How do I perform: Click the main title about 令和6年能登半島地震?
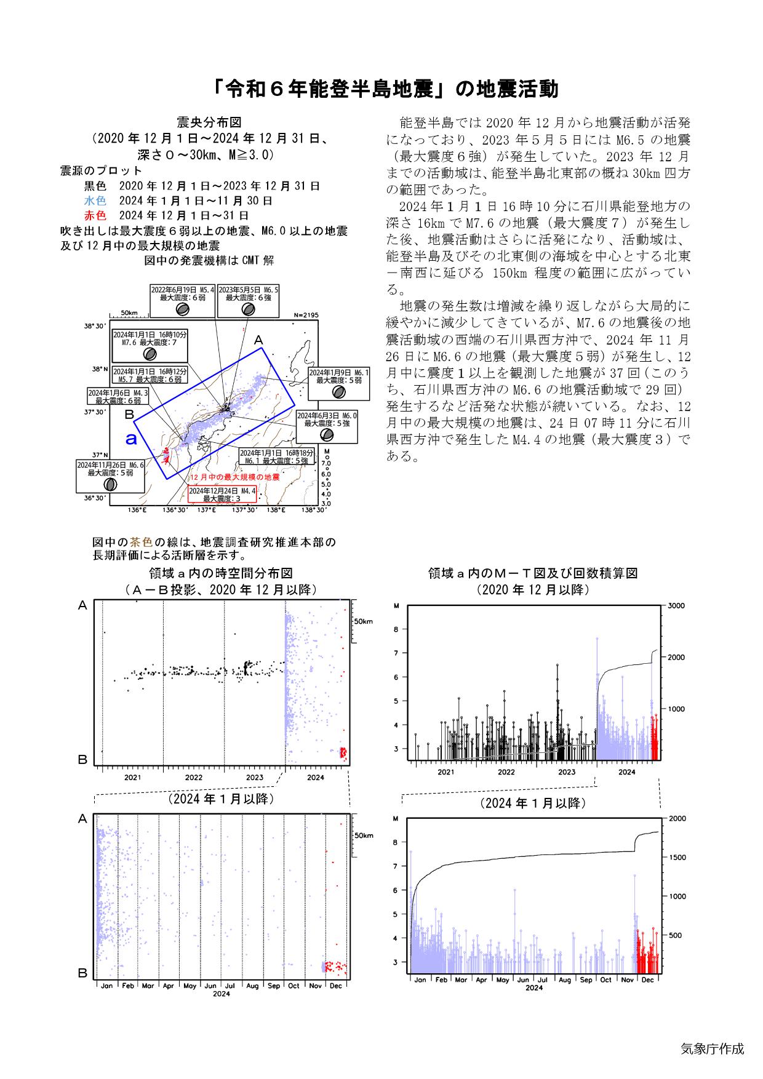point(381,90)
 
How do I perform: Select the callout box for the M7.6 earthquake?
point(150,345)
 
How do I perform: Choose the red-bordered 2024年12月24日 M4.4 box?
point(222,494)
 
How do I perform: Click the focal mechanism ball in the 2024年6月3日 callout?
point(327,434)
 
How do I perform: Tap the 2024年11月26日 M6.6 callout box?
point(111,476)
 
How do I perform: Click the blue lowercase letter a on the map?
point(130,439)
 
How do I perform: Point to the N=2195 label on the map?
point(306,315)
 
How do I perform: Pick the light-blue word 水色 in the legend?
point(95,201)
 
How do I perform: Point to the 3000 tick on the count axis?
point(676,606)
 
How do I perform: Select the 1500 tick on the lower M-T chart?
point(676,858)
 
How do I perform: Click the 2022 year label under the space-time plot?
point(193,777)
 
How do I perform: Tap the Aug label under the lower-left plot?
point(252,985)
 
